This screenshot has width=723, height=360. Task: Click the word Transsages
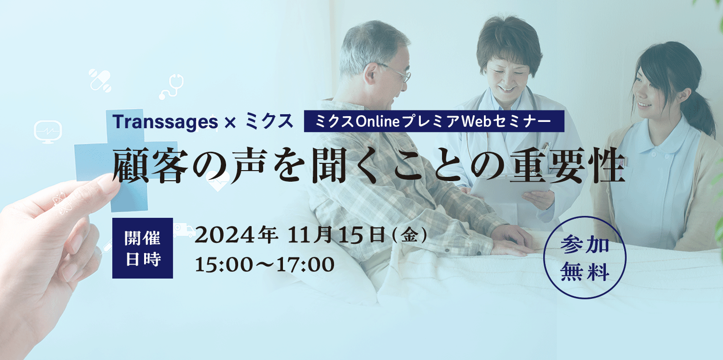click(x=165, y=122)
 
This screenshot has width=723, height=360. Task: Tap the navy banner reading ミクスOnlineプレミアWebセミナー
click(x=434, y=121)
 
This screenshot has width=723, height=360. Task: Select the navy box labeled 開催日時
click(x=142, y=248)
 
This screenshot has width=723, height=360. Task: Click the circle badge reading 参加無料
click(x=585, y=257)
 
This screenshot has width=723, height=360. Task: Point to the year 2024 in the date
click(x=225, y=236)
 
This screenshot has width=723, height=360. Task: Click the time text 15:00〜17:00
click(x=265, y=265)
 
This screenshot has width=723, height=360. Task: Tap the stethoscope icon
click(x=172, y=86)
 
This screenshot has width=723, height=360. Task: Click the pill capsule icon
click(x=100, y=80)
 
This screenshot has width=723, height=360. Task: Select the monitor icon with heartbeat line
click(x=48, y=132)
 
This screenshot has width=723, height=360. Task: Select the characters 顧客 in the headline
click(x=150, y=165)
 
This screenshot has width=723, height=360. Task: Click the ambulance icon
click(x=184, y=230)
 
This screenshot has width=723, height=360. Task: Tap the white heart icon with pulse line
click(x=218, y=181)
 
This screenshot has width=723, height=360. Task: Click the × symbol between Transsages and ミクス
click(x=230, y=123)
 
